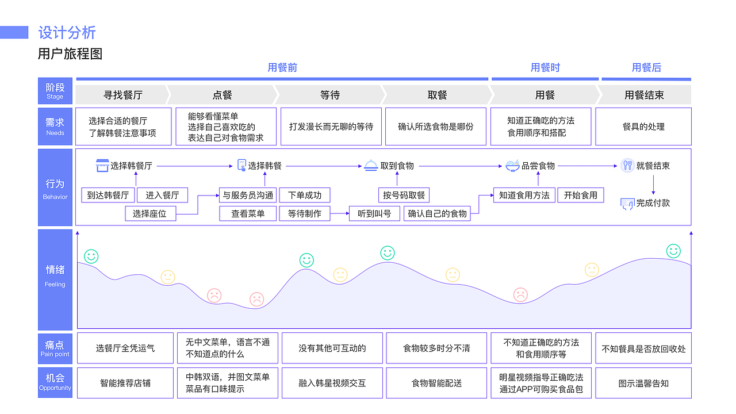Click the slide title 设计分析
click(x=67, y=33)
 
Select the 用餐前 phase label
click(x=282, y=68)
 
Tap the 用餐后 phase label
click(x=646, y=68)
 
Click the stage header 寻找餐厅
click(x=122, y=95)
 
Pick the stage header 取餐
click(x=437, y=95)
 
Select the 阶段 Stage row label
click(x=55, y=91)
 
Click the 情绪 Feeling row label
click(x=55, y=274)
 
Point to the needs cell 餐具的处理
click(x=643, y=126)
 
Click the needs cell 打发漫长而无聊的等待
click(x=331, y=126)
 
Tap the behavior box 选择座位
click(x=149, y=214)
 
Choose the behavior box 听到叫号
click(x=374, y=214)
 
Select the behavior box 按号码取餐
click(x=404, y=195)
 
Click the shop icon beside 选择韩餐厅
click(x=102, y=166)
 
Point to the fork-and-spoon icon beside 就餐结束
click(x=627, y=166)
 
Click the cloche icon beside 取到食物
click(x=371, y=166)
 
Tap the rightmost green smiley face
click(x=673, y=251)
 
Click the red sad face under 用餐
click(x=520, y=295)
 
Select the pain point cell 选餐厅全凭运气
click(x=125, y=348)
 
